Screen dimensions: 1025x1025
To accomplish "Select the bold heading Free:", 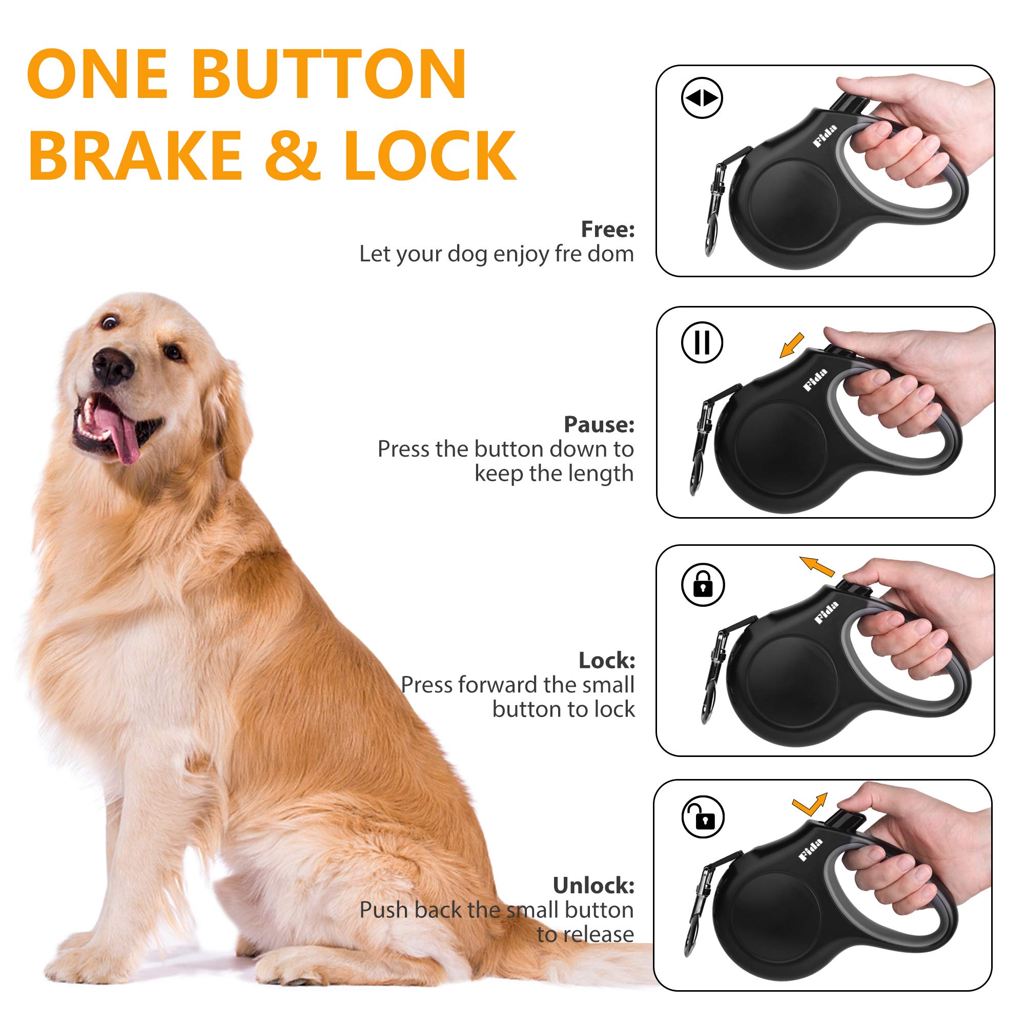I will point(607,229).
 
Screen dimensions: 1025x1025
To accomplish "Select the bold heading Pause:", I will point(599,424).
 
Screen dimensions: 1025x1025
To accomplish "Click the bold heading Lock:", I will point(606,661).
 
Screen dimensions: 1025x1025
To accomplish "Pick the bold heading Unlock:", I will point(593,886).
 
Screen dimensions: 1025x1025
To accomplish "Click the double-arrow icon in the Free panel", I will point(702,98).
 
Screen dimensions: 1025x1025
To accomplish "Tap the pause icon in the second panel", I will point(702,342).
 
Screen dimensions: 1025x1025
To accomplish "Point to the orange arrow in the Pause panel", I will point(792,346).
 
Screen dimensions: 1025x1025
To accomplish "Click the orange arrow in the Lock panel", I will point(817,567).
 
